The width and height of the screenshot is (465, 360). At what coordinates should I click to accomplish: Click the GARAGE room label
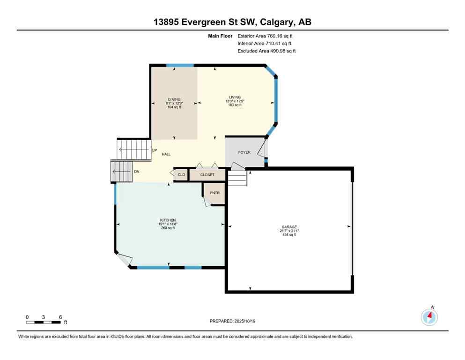(288, 226)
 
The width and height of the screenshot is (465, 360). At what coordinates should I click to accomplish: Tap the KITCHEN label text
(167, 220)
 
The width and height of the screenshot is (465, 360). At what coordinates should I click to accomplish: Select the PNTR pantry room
(214, 193)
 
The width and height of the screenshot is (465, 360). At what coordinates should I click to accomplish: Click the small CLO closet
(181, 175)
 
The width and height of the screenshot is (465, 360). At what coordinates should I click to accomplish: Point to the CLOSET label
(207, 175)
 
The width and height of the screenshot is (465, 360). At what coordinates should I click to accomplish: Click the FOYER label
(244, 152)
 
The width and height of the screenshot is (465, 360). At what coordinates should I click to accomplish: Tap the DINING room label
(174, 99)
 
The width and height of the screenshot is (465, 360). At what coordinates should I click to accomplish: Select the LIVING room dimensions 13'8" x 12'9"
(235, 101)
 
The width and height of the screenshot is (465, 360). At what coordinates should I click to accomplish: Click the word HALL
(166, 154)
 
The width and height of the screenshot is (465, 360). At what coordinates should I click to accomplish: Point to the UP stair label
(154, 150)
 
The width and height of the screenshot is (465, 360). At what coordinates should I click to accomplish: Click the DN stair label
(137, 172)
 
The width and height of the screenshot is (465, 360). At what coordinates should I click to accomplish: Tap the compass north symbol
(429, 317)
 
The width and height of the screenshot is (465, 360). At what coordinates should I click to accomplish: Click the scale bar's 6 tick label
(60, 317)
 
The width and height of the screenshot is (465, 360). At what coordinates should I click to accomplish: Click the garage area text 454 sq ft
(288, 234)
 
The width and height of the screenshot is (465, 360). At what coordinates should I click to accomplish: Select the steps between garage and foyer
(237, 178)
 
